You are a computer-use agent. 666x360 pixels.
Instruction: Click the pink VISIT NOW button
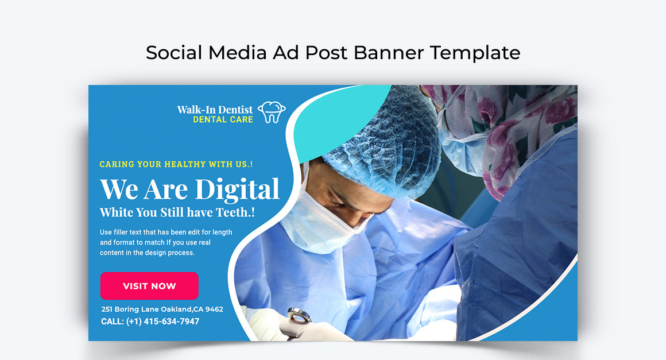point(149,286)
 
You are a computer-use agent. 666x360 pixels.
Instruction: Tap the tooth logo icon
point(272,112)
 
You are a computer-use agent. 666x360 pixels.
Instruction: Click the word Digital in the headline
point(237,190)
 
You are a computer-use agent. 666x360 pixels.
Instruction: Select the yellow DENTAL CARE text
point(223,120)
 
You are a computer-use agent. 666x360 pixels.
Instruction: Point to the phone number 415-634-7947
point(171,322)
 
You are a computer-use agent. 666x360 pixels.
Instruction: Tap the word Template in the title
point(475,53)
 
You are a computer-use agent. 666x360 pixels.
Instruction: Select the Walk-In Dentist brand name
point(215,110)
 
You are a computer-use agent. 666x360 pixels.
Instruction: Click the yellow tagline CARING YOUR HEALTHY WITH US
point(176,164)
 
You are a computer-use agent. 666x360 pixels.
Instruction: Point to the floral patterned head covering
point(505,127)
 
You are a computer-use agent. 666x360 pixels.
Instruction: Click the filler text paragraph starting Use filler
point(166,242)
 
